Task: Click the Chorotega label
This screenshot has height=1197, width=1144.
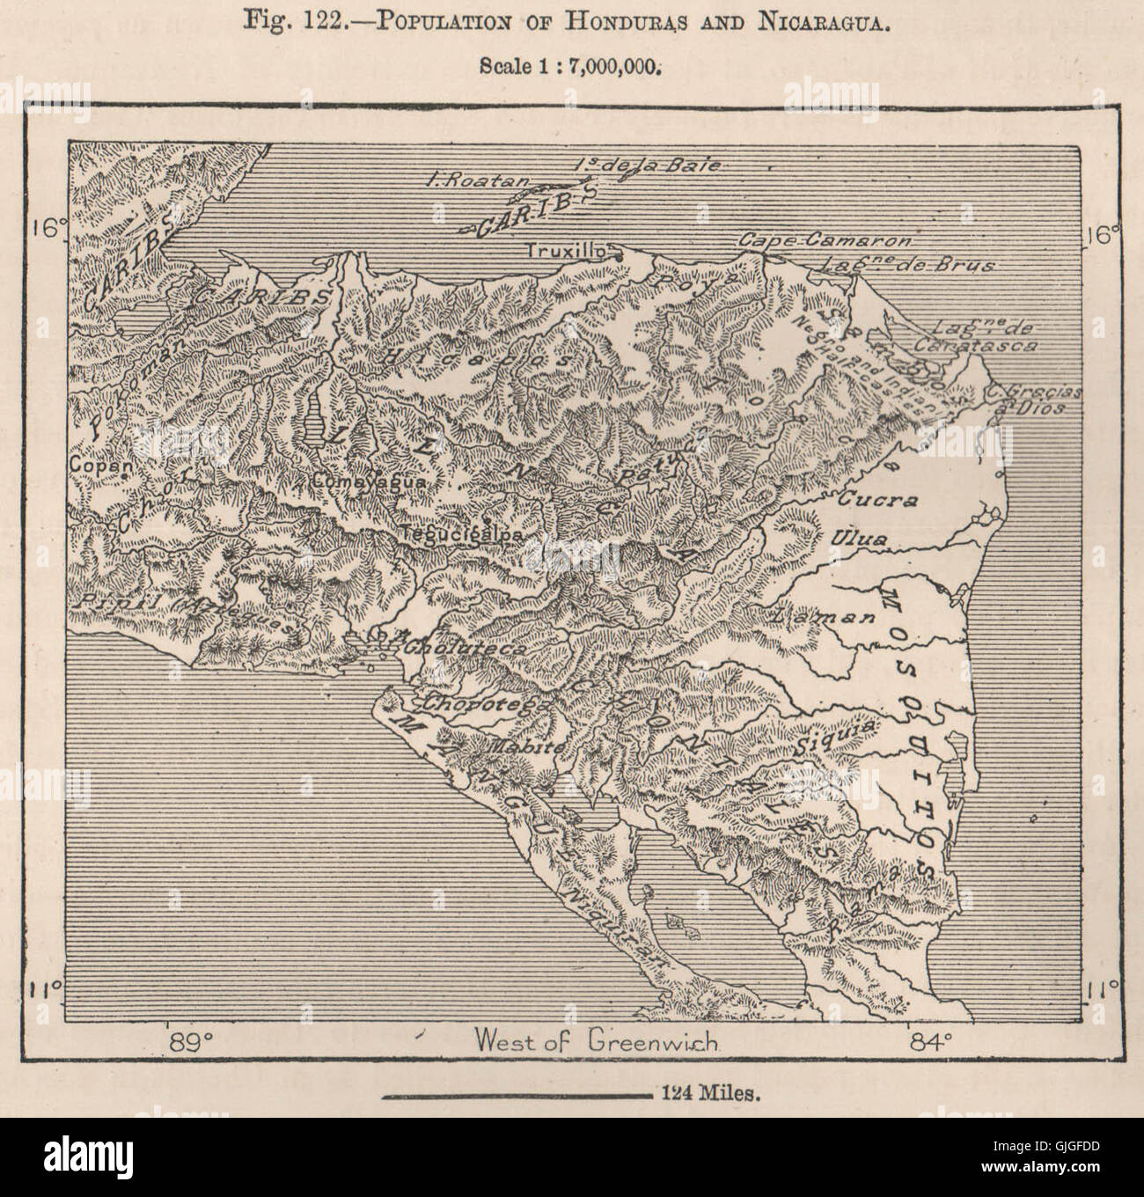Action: pyautogui.click(x=484, y=704)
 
